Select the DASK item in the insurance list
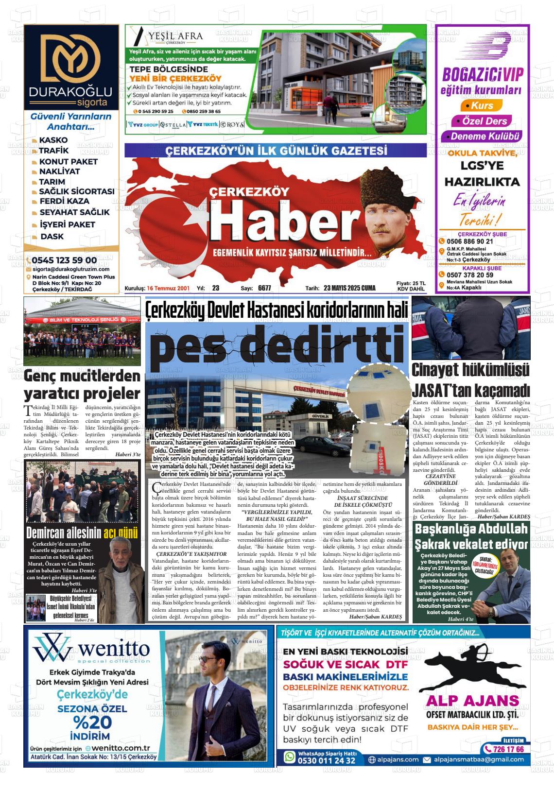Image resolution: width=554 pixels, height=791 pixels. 52,237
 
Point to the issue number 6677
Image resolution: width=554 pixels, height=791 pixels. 264,288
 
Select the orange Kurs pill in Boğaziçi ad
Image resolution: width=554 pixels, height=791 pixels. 479,105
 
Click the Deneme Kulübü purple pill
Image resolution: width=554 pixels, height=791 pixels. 485,137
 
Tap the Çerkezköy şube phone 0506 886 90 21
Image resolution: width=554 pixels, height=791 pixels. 470,241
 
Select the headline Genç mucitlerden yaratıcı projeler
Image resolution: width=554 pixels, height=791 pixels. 82,384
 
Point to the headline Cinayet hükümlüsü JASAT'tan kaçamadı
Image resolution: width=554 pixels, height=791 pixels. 470,379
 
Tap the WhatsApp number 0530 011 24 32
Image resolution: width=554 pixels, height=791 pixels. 326,760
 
